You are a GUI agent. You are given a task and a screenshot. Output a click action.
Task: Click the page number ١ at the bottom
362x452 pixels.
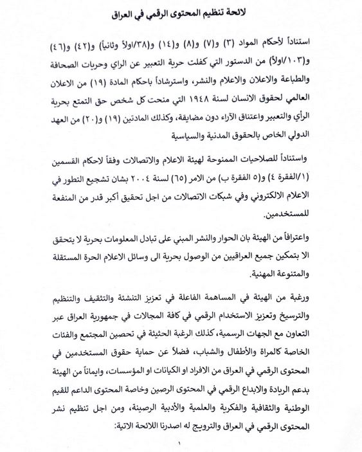pos(181,444)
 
